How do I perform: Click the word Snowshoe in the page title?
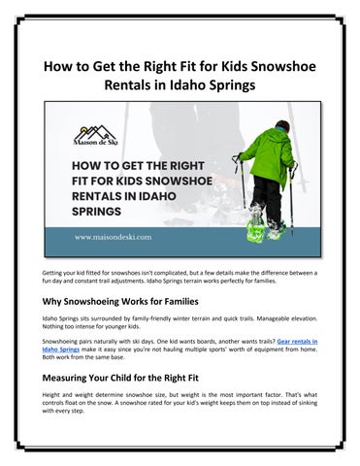(x=284, y=65)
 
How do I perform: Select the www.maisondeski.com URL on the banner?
(x=111, y=237)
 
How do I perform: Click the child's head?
(x=281, y=128)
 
